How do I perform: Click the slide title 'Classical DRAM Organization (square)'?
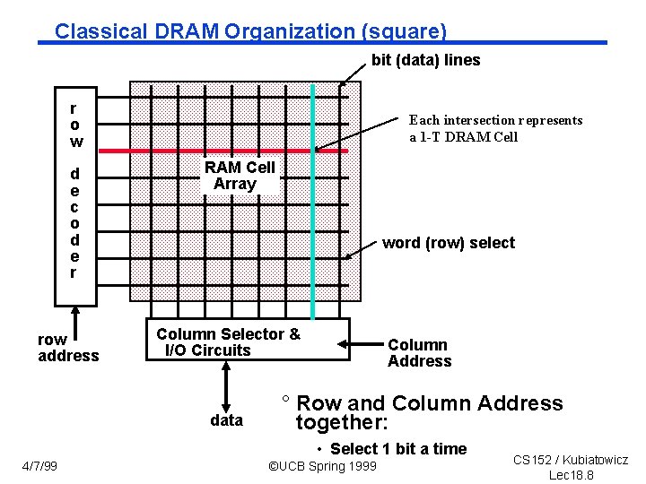[x=250, y=31]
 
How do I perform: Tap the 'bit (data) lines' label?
[x=425, y=61]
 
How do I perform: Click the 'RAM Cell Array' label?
[x=238, y=176]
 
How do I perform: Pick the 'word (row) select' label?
[x=449, y=243]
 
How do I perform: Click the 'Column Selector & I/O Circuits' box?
[x=247, y=341]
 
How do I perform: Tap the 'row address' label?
[x=68, y=348]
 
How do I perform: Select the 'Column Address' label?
[x=419, y=353]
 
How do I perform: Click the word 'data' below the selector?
[x=226, y=420]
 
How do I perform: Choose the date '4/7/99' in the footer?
[x=39, y=466]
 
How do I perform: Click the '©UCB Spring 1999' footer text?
[x=323, y=467]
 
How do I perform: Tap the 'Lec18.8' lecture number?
[x=571, y=475]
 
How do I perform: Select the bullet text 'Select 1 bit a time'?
[x=397, y=449]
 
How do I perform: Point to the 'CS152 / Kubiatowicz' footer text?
[x=571, y=460]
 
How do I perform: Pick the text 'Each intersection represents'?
[x=495, y=120]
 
